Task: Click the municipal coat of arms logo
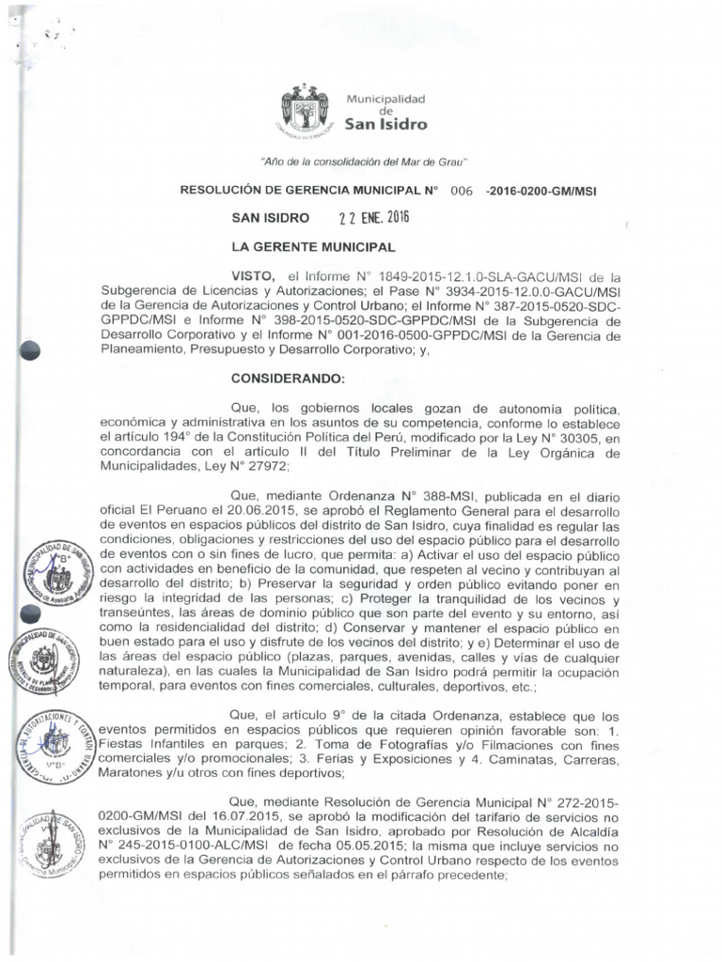pos(306,110)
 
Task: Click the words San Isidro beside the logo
pos(385,124)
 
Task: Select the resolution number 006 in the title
pos(461,191)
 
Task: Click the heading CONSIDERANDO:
pos(288,379)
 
